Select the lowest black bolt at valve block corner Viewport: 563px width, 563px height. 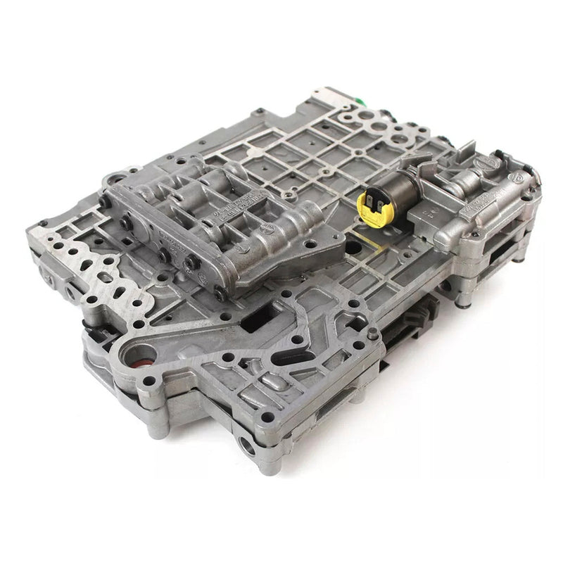(220, 294)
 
